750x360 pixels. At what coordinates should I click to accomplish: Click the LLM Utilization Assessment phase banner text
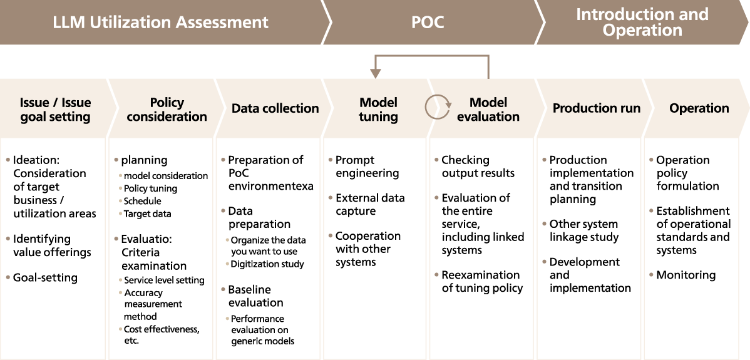[160, 23]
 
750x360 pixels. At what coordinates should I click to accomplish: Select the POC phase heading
[428, 23]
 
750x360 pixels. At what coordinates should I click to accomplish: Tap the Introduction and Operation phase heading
[642, 23]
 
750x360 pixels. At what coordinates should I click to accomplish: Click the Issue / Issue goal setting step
[55, 110]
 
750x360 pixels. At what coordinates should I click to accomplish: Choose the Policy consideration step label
[167, 110]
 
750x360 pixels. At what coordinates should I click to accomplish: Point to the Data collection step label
[275, 108]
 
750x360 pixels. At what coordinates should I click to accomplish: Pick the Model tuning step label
[378, 110]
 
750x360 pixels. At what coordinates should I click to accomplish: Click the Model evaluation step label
[488, 110]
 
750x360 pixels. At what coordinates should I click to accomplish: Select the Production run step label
[596, 108]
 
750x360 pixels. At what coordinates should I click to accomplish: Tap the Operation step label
[699, 108]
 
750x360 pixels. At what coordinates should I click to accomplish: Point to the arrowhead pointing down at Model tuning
[376, 73]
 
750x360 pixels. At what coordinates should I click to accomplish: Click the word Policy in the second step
[167, 103]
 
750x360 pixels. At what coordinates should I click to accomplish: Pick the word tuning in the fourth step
[378, 117]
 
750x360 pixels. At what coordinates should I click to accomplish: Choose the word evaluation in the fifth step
[488, 117]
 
